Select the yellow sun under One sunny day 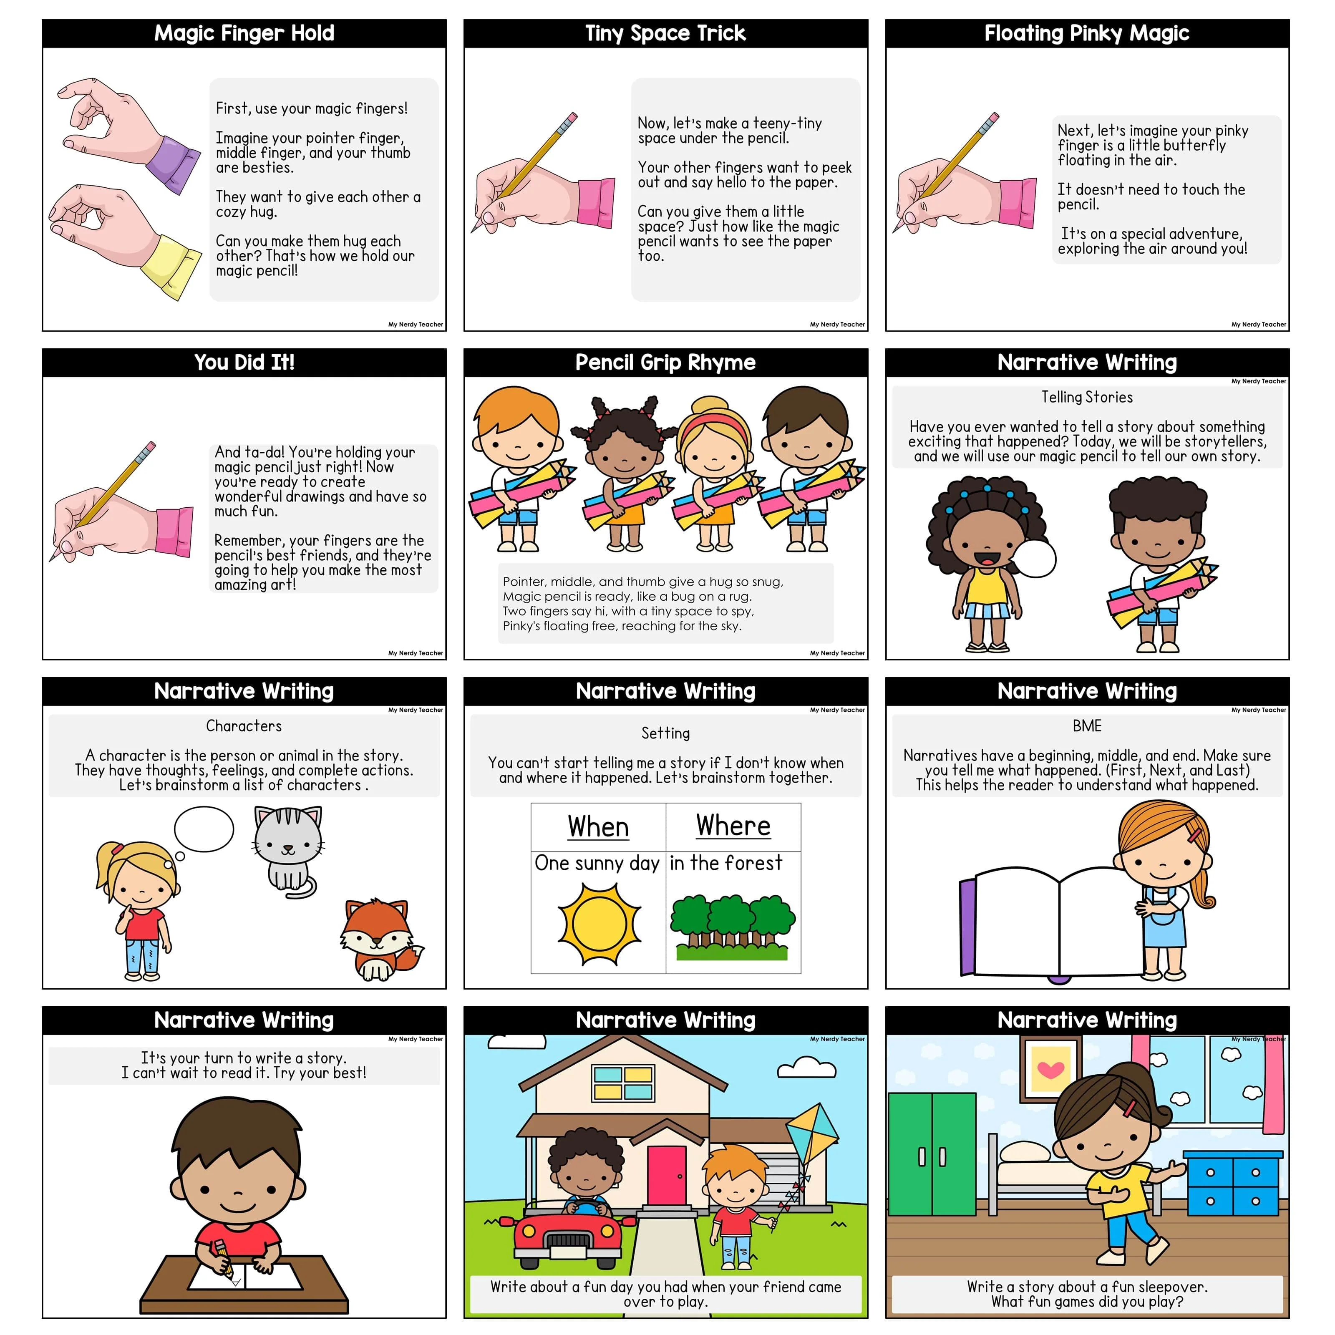point(599,924)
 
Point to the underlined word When point(598,827)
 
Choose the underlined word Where point(733,826)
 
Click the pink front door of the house point(666,1185)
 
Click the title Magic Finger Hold point(244,33)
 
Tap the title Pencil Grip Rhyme point(665,362)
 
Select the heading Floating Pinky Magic point(1087,33)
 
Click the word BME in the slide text point(1087,725)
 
